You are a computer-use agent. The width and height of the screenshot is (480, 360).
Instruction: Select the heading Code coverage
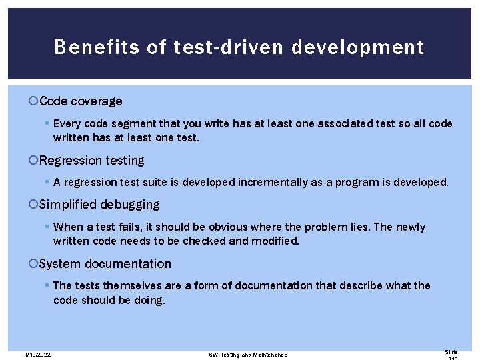(81, 101)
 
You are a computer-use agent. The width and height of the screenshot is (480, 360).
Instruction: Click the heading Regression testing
(91, 161)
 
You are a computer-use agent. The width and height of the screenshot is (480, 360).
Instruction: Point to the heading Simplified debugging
(99, 205)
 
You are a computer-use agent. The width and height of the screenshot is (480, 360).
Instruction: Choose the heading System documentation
(105, 264)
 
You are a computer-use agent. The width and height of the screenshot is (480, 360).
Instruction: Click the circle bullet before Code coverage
(34, 101)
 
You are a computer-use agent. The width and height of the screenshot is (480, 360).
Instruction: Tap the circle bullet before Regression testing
(34, 161)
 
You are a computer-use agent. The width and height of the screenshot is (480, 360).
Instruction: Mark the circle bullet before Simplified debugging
(34, 205)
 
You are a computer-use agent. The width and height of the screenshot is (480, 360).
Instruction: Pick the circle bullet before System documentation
(34, 264)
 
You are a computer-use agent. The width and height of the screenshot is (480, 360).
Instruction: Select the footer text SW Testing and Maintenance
(248, 354)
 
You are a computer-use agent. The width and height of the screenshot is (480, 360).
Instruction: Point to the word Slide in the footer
(451, 351)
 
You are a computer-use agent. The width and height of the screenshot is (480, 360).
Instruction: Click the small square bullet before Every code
(46, 124)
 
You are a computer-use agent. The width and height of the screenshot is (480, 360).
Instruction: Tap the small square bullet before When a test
(46, 227)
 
